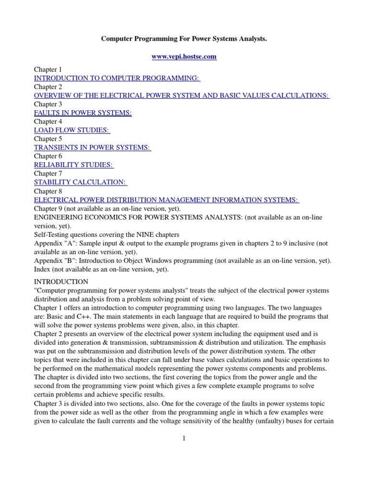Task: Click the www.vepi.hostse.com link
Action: click(184, 57)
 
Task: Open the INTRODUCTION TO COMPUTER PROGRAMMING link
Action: click(117, 78)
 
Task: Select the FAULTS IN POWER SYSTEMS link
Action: click(82, 113)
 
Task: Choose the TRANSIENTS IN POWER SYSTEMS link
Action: click(92, 147)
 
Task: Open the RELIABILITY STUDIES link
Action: click(73, 165)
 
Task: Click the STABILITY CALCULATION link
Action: click(80, 182)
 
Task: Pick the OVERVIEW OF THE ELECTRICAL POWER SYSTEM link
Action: click(181, 95)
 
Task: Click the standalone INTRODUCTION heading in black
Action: click(61, 281)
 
